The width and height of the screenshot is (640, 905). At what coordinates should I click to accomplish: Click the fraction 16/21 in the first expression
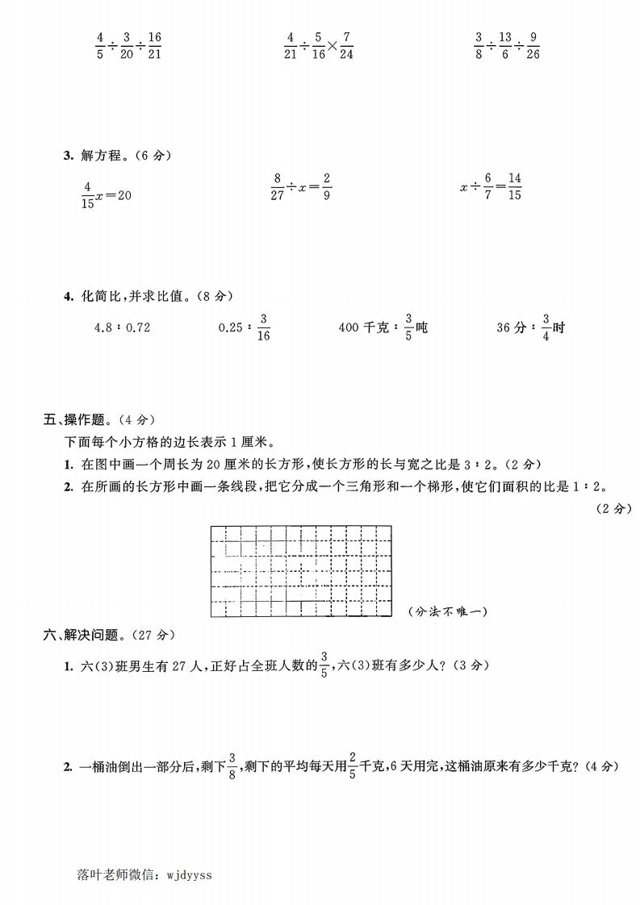point(155,46)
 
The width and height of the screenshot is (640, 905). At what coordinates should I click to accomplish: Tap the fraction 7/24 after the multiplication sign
point(346,46)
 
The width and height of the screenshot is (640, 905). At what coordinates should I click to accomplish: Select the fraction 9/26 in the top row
point(533,46)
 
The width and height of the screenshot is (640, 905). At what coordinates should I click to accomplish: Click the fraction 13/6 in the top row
point(505,46)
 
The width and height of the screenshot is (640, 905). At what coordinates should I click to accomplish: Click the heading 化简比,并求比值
point(131,296)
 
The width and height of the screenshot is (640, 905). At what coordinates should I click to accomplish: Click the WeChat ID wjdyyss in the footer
point(189,873)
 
